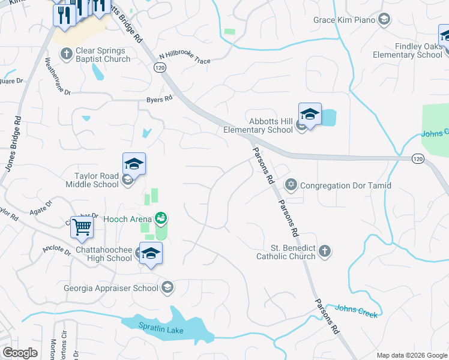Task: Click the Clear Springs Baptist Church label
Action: [x=103, y=55]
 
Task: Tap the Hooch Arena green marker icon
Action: [x=160, y=217]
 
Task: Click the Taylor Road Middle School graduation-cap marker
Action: [x=134, y=163]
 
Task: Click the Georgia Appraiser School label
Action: [x=112, y=288]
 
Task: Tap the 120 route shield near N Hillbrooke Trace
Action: [x=160, y=68]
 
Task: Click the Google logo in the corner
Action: [x=20, y=352]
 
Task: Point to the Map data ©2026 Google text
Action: [x=411, y=355]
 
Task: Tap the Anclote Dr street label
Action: [x=57, y=248]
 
